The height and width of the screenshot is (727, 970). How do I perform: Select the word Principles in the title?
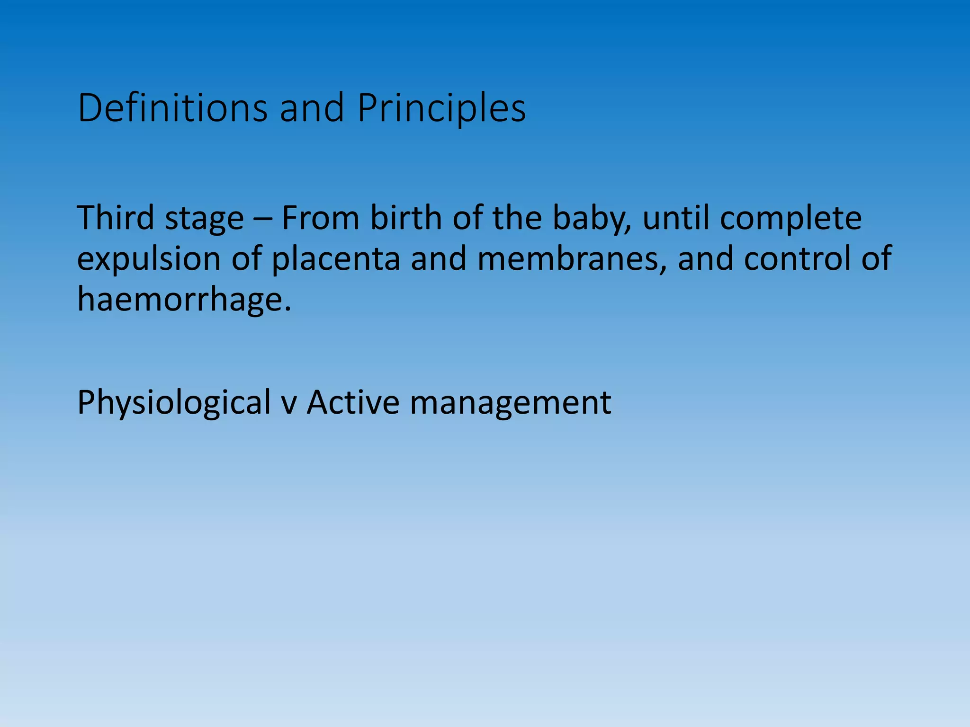441,109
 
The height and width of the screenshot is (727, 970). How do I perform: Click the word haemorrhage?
184,300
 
